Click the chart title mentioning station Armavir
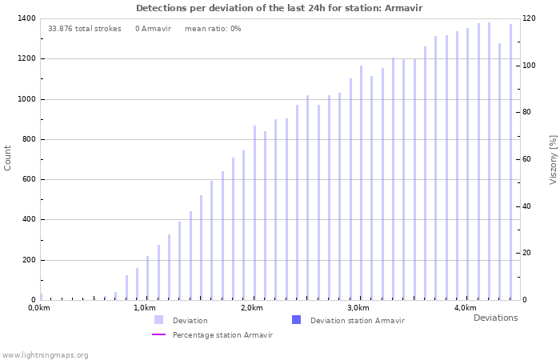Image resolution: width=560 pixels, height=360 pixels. (279, 8)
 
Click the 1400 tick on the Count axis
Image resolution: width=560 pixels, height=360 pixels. (24, 18)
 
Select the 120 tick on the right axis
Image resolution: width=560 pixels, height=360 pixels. (529, 18)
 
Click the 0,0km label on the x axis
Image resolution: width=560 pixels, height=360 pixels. (39, 308)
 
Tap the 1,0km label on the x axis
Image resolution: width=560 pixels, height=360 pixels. (145, 308)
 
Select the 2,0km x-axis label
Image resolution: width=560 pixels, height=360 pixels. (251, 308)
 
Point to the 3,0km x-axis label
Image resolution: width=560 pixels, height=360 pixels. (358, 308)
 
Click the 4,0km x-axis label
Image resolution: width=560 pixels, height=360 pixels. (465, 308)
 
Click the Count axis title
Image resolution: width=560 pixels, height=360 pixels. (8, 158)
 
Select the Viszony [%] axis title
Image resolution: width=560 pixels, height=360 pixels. (553, 159)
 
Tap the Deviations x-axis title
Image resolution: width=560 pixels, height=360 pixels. (495, 318)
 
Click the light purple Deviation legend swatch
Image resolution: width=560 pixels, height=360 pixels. (159, 320)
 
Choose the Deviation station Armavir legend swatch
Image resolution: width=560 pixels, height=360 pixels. (297, 320)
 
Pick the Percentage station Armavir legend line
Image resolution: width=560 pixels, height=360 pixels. (159, 334)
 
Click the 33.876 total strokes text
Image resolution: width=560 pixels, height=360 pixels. (85, 29)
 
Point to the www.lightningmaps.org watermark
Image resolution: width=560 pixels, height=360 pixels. (46, 354)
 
